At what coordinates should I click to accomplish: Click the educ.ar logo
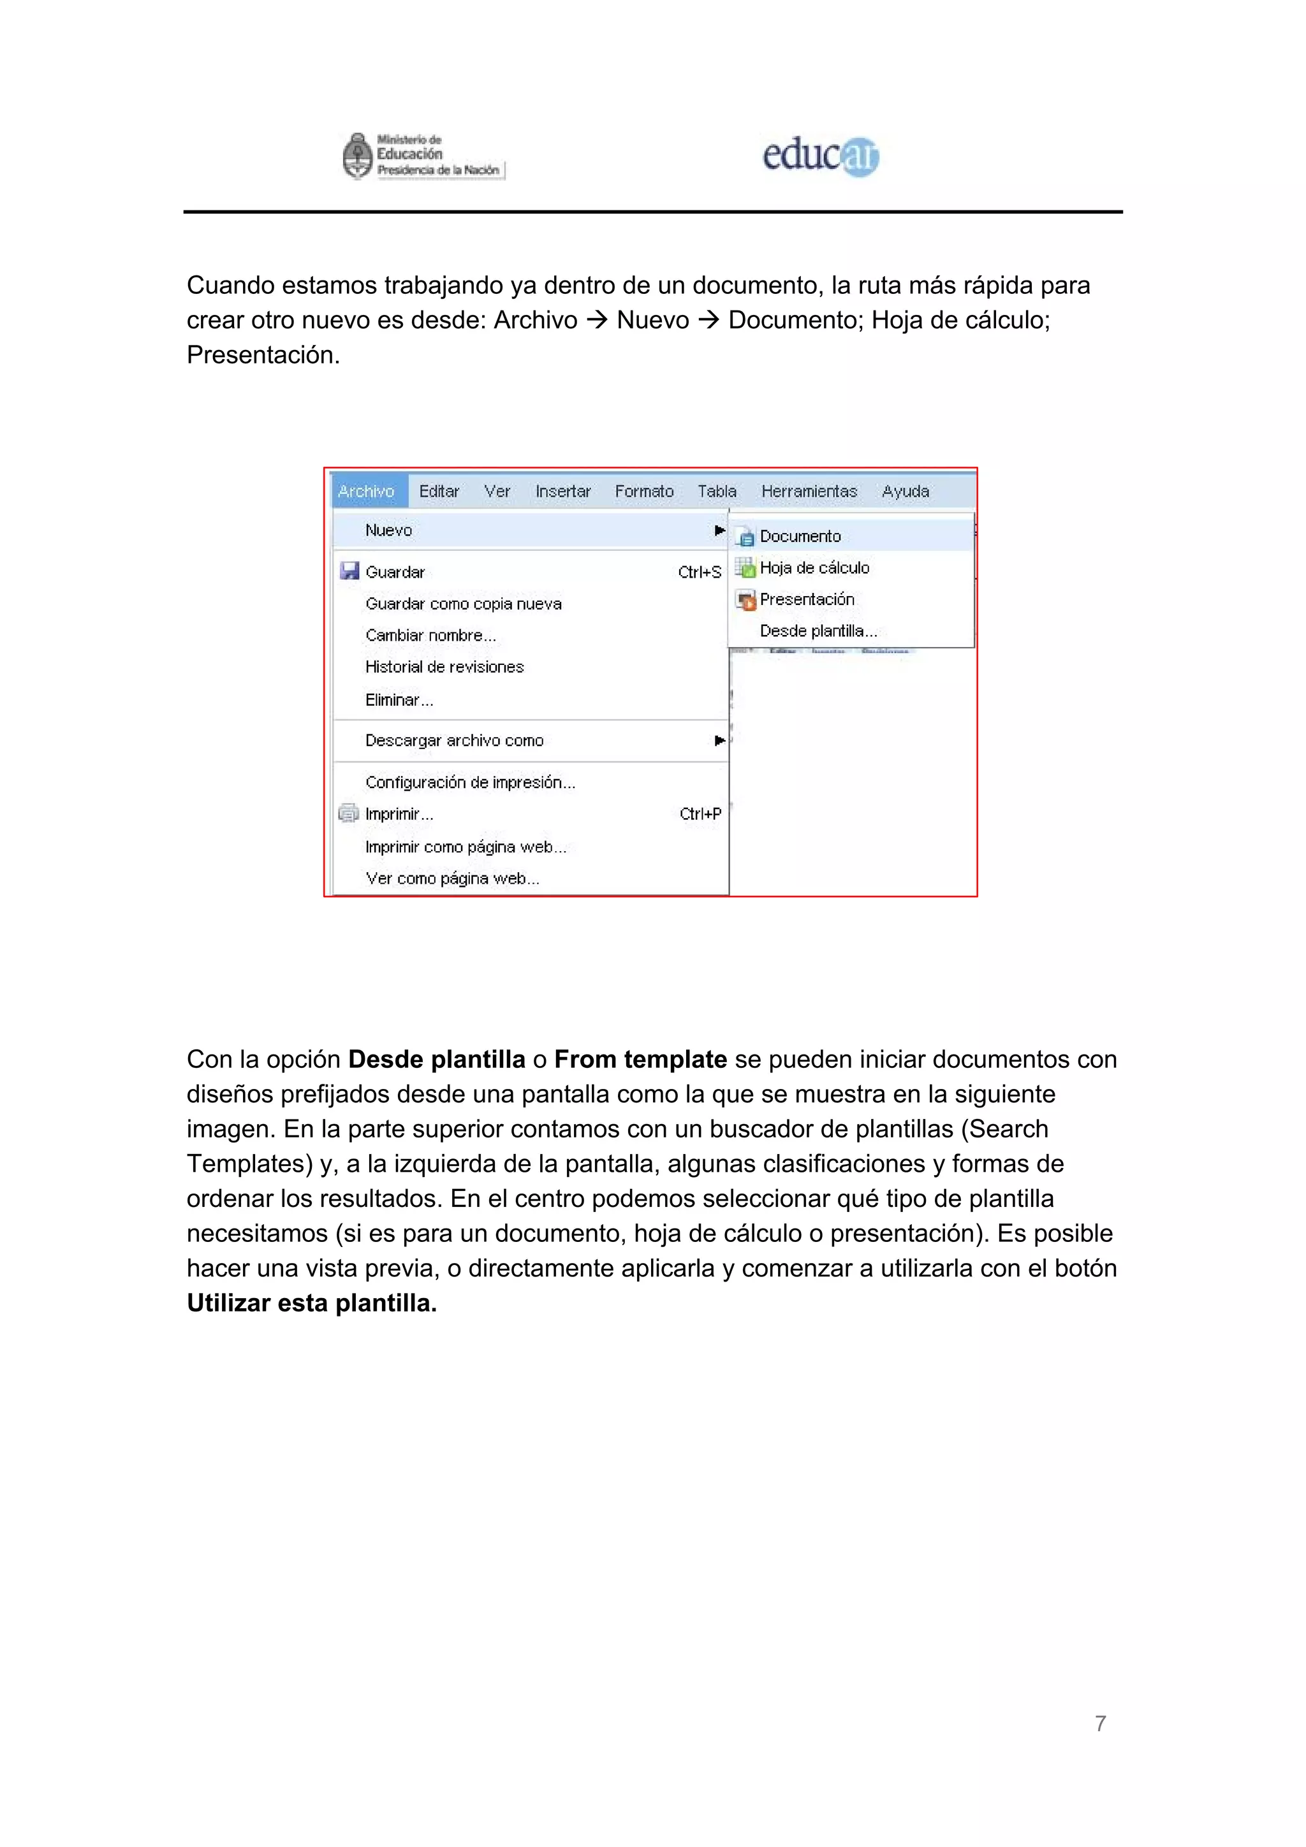coord(820,156)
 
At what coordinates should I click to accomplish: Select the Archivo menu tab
coord(367,491)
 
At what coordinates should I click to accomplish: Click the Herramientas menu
coord(809,491)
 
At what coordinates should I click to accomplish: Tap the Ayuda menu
coord(906,491)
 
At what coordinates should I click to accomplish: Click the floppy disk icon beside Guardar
coord(349,571)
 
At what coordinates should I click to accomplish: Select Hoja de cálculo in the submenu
coord(814,568)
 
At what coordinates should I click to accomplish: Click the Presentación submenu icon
coord(746,600)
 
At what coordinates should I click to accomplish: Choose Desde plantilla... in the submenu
coord(818,631)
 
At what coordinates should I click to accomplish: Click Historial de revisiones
coord(444,667)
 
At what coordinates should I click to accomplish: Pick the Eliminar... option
coord(399,700)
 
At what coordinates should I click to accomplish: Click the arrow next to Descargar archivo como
coord(719,740)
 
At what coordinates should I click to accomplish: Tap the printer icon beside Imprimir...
coord(348,814)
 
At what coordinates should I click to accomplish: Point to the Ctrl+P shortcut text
coord(700,814)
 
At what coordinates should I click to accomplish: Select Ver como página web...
coord(452,879)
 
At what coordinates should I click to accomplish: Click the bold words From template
coord(640,1060)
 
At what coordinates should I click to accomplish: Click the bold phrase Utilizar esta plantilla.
coord(311,1303)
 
